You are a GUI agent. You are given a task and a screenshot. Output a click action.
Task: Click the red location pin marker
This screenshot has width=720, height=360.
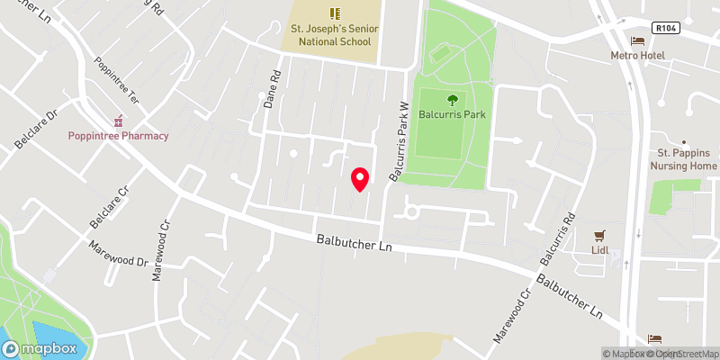pyautogui.click(x=360, y=178)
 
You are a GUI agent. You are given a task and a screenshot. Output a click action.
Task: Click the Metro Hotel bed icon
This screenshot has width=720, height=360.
pyautogui.click(x=638, y=41)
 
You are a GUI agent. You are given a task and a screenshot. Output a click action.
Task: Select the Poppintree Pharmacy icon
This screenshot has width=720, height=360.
pyautogui.click(x=118, y=121)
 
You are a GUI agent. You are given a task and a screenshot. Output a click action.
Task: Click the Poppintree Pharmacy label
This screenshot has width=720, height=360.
pyautogui.click(x=119, y=136)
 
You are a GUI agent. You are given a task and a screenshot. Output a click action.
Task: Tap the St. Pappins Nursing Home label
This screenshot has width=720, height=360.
pyautogui.click(x=684, y=160)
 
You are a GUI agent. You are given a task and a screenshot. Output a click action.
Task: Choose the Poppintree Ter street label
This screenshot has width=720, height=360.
pyautogui.click(x=114, y=79)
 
